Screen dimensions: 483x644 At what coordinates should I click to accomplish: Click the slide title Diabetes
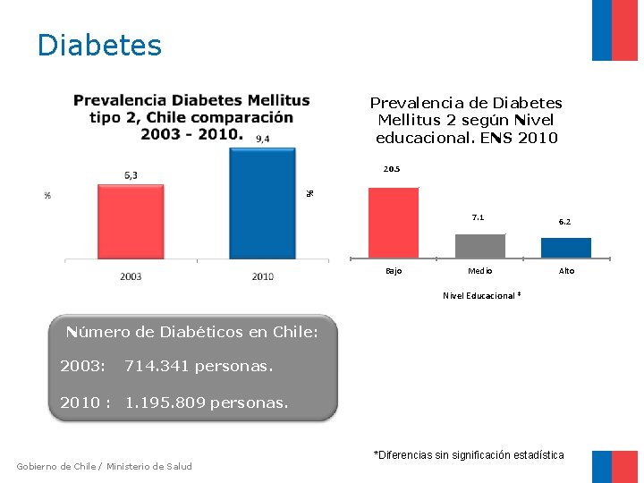coord(99,45)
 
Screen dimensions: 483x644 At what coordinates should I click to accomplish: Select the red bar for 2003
coord(131,221)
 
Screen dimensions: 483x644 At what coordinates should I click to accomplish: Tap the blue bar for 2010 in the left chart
coord(262,203)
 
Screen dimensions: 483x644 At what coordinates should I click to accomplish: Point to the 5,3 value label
coord(131,175)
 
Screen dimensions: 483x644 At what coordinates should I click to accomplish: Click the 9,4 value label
coord(262,139)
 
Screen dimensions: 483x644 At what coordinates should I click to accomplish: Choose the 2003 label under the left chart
coord(131,276)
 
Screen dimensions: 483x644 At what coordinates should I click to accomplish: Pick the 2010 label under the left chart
coord(262,276)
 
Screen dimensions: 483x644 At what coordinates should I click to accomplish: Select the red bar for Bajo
coord(393,222)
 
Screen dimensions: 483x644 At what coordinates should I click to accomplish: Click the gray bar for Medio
coord(479,245)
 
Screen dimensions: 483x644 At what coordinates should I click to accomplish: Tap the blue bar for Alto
coord(566,247)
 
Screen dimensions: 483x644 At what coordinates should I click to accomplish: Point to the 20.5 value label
coord(392,169)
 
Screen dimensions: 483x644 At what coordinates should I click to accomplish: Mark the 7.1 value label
coord(479,217)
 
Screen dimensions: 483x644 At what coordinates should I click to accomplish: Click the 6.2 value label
coord(565,222)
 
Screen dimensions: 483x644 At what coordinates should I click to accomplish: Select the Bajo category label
coord(394,271)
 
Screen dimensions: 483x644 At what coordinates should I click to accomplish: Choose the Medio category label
coord(480,271)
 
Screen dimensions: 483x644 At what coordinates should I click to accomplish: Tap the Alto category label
coord(567,271)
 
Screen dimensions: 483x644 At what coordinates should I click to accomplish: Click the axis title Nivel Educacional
coord(480,295)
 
